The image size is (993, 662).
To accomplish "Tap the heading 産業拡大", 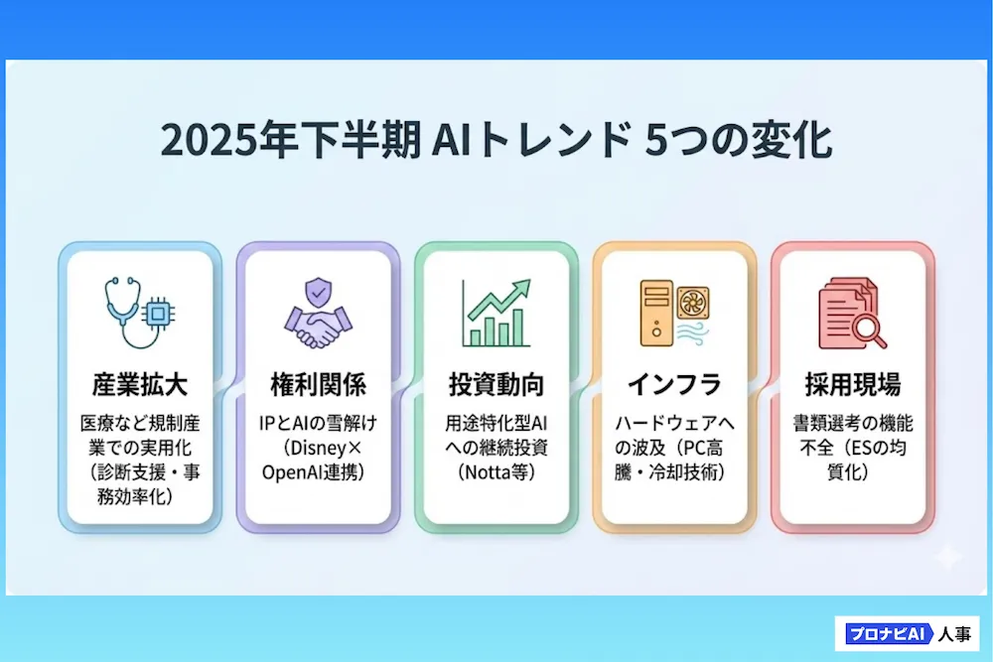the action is [140, 384].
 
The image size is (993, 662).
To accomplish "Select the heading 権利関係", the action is [318, 384].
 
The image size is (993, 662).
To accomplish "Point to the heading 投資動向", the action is [496, 384].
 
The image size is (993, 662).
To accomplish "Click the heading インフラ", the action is [674, 384].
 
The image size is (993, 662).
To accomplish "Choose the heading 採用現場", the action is [852, 384].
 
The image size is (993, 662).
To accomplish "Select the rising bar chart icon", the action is [496, 313].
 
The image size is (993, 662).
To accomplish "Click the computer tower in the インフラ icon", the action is [656, 314].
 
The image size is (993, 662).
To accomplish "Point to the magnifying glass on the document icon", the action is [868, 330].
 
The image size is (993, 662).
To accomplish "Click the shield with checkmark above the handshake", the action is [318, 293].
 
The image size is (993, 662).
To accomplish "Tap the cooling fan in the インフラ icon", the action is [693, 303].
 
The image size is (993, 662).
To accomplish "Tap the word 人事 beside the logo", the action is [954, 633].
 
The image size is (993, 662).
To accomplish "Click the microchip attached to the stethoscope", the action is [158, 314].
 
